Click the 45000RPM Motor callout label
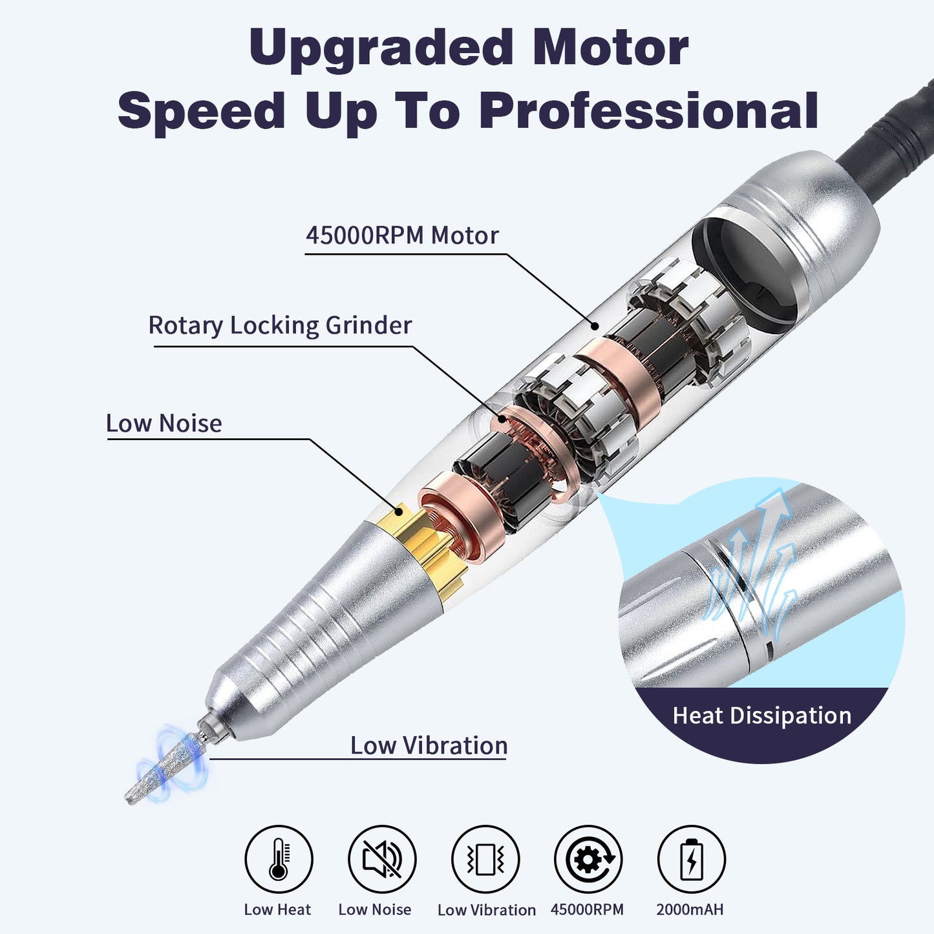coord(402,235)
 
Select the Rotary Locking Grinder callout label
coord(280,325)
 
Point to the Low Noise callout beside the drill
coord(164,423)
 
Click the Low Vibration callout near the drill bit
coord(429,745)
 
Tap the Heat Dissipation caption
coord(761,716)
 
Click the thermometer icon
coord(279,859)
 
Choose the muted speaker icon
coord(382,859)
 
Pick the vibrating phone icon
coord(485,859)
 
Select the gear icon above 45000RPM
coord(588,859)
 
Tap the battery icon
coord(691,859)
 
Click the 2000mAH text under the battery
coord(690,909)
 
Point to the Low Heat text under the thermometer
coord(277,909)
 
